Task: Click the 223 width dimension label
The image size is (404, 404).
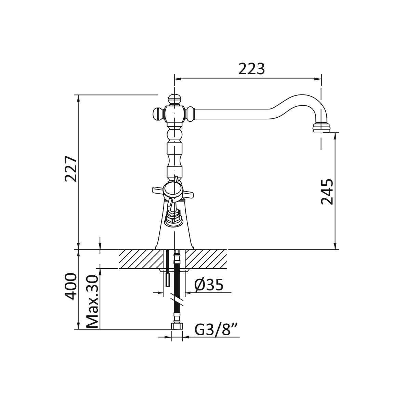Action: (252, 69)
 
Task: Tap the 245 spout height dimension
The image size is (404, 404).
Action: (327, 192)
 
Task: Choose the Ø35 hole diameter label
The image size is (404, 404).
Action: (209, 285)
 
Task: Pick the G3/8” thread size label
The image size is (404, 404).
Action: (216, 330)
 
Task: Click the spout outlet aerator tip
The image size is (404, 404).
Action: (322, 128)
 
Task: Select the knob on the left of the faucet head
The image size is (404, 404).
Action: (158, 114)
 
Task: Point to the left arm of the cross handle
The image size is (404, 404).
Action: (158, 191)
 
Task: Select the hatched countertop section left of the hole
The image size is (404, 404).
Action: (141, 259)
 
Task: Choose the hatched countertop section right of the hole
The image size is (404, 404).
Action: (206, 259)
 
